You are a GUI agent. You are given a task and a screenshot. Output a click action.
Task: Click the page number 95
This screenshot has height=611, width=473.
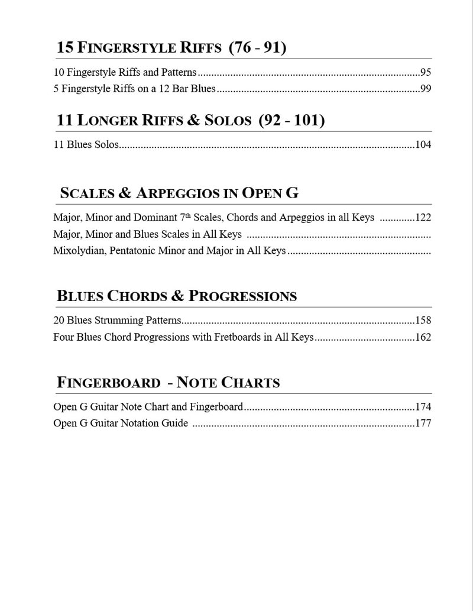point(426,73)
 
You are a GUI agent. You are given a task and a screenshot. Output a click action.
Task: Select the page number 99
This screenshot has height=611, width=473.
point(426,89)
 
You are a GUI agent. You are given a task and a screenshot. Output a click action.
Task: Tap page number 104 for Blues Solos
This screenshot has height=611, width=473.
point(423,144)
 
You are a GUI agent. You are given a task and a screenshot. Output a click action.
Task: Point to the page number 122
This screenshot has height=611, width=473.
point(423,217)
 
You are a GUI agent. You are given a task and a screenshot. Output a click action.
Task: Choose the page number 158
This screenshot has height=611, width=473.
point(423,321)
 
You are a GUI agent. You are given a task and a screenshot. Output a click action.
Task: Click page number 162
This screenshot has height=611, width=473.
point(423,337)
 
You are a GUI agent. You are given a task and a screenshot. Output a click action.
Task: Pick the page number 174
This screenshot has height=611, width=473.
point(423,406)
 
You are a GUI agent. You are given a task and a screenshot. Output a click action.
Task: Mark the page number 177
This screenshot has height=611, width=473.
point(423,423)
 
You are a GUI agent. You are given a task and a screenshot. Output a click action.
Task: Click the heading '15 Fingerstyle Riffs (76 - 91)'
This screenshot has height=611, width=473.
point(171,47)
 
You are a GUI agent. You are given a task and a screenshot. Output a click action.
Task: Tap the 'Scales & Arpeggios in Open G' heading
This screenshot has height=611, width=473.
point(179,193)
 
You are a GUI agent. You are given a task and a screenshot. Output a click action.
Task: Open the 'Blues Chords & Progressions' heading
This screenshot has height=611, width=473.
point(177,296)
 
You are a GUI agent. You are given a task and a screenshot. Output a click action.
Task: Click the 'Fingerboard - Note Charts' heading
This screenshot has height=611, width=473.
point(168,382)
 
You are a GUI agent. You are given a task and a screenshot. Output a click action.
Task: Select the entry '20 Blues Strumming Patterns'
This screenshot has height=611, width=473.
point(117,321)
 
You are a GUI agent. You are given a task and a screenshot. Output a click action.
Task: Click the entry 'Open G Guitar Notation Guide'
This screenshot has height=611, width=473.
point(121,423)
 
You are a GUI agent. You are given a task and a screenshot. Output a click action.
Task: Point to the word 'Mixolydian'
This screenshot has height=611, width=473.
point(78,251)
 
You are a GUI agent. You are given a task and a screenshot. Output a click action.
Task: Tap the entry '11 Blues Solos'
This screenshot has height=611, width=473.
point(86,144)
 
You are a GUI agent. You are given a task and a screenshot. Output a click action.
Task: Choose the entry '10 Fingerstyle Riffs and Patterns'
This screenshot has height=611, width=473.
point(125,73)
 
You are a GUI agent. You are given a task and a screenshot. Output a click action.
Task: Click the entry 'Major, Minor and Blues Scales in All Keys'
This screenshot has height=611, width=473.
point(147,234)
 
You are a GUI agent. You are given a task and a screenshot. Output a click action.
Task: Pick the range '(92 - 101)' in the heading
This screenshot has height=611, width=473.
point(292,121)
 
